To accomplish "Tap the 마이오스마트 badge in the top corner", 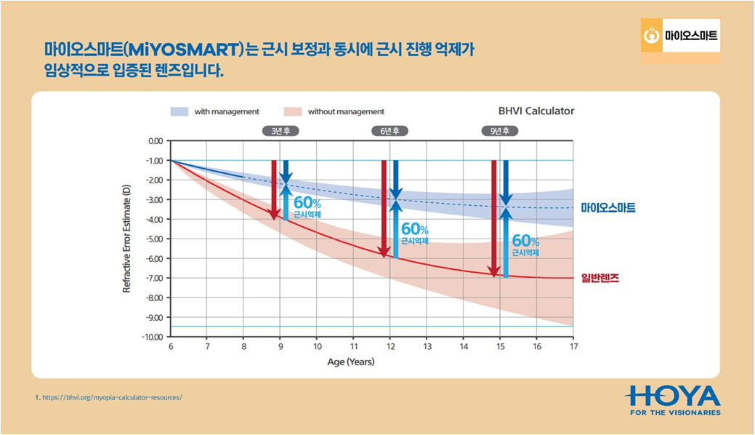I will click(681, 36).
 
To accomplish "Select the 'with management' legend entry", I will click(215, 111).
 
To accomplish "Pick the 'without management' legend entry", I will click(334, 111).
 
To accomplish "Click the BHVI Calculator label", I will click(536, 111).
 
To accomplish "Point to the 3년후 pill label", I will click(280, 131).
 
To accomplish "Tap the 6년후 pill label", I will click(390, 131).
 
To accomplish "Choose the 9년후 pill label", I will click(500, 131).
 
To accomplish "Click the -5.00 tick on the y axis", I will click(154, 239).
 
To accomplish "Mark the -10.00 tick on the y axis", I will click(153, 337).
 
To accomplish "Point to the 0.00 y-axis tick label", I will click(156, 140).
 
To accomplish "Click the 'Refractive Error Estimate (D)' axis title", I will click(126, 239).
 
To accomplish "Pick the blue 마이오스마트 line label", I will click(608, 208).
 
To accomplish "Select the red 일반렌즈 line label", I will click(599, 278).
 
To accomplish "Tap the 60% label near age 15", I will click(525, 240).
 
